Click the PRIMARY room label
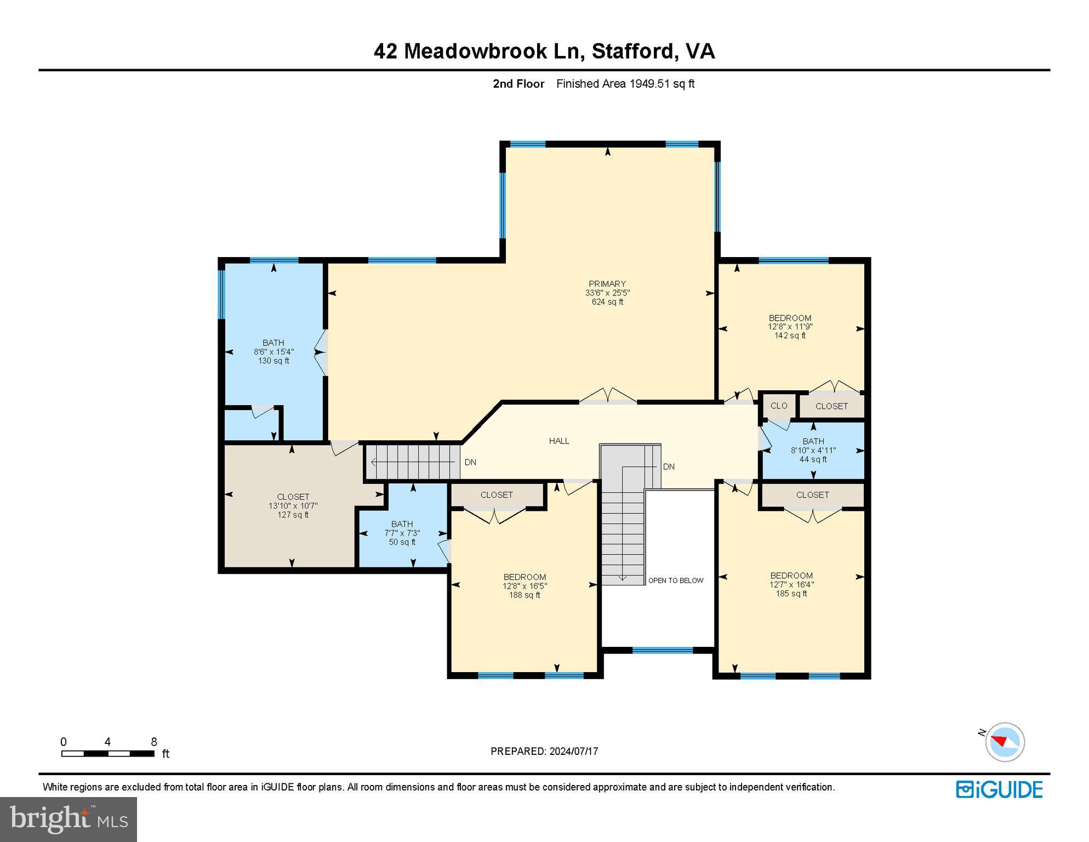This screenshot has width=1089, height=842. (607, 283)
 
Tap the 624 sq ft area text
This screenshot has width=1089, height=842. (607, 301)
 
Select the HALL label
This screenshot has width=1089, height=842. (559, 441)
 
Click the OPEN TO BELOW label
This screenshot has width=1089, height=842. (676, 581)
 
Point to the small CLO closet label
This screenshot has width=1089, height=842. (779, 406)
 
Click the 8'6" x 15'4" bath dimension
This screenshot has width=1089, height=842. (273, 351)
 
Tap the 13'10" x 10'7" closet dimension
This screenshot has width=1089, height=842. (293, 505)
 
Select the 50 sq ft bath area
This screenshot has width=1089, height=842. (402, 542)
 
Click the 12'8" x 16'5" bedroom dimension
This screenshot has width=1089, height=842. (524, 585)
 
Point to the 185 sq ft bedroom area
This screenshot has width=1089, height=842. (791, 593)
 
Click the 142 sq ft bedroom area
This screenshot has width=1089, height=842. (790, 335)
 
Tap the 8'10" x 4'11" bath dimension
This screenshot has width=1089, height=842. (813, 450)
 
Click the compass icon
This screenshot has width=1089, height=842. (1005, 742)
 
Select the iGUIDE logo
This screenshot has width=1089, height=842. (999, 790)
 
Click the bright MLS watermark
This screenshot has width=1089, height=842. (69, 818)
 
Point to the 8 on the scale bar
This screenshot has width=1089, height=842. (154, 742)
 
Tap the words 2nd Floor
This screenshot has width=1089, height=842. (518, 84)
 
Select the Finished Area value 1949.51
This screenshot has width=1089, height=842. (650, 84)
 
